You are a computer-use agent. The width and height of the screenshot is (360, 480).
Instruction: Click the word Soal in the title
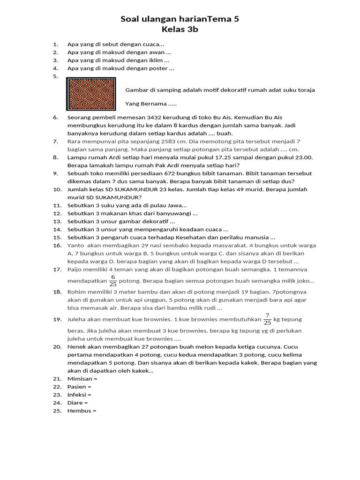coord(131,19)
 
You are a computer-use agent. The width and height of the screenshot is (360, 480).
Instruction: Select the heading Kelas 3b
coord(180,30)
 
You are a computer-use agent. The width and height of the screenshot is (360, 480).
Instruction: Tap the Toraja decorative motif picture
coord(91,94)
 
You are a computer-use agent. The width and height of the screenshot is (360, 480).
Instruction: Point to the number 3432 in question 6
coord(155,117)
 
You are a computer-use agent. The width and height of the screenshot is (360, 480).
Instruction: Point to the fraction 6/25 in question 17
coord(112,280)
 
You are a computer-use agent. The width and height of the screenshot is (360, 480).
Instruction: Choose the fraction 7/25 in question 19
coord(267,319)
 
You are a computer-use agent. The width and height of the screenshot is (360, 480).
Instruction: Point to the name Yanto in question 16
coord(76,245)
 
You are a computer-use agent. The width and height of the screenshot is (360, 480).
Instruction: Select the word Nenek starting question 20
coord(77,347)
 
